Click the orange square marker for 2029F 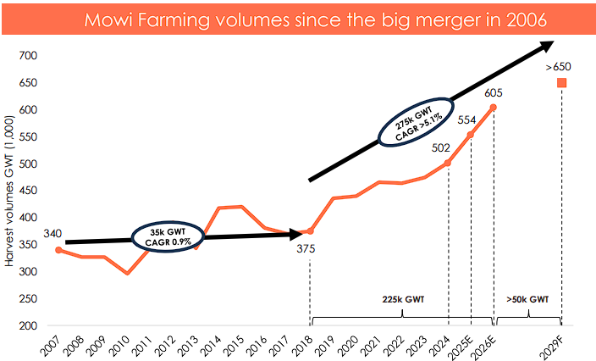[x=561, y=82]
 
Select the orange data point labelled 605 [x=494, y=107]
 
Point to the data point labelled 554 [x=471, y=135]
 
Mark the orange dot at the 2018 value [x=311, y=231]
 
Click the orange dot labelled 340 [x=58, y=250]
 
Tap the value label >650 [x=560, y=65]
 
